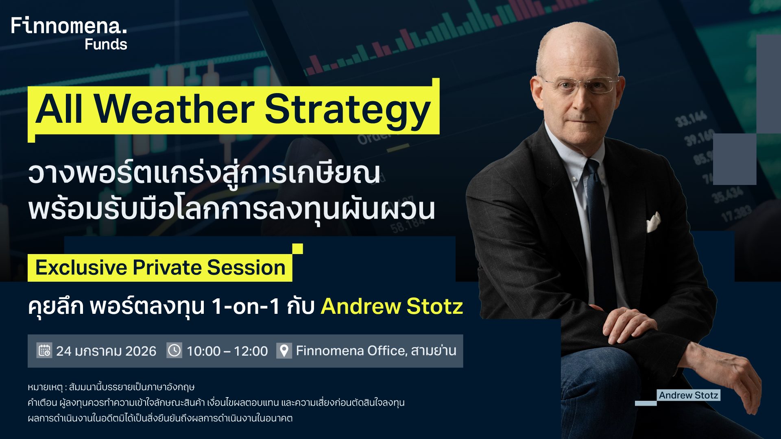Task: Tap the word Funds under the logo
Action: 106,44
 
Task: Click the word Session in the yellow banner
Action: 246,267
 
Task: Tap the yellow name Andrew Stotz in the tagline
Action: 392,306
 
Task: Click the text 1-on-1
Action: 246,306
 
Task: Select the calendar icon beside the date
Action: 44,350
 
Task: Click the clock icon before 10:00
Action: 174,350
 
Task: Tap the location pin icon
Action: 284,350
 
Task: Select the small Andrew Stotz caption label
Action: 689,395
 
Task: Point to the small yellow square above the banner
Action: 298,249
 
